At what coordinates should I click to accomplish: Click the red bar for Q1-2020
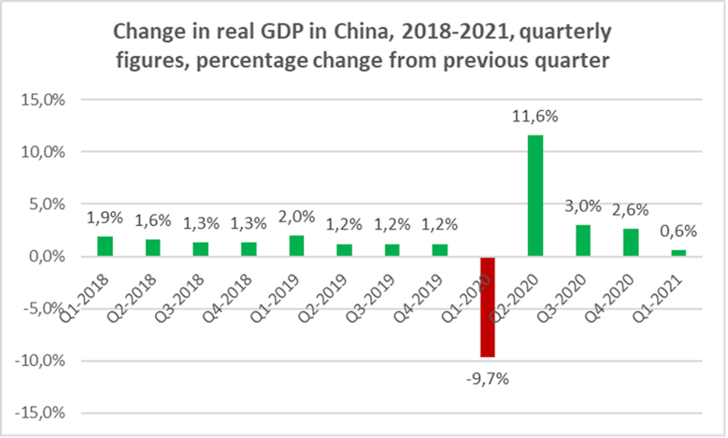pos(487,307)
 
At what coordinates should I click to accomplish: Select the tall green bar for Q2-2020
pos(535,195)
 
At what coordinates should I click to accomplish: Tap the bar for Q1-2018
pos(104,246)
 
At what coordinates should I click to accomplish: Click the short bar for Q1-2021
pos(678,253)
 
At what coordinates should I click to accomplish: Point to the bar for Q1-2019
pos(296,245)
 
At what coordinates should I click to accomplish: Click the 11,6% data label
pos(535,117)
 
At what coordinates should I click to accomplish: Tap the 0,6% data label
pos(678,232)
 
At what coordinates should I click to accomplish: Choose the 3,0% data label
pos(583,206)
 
